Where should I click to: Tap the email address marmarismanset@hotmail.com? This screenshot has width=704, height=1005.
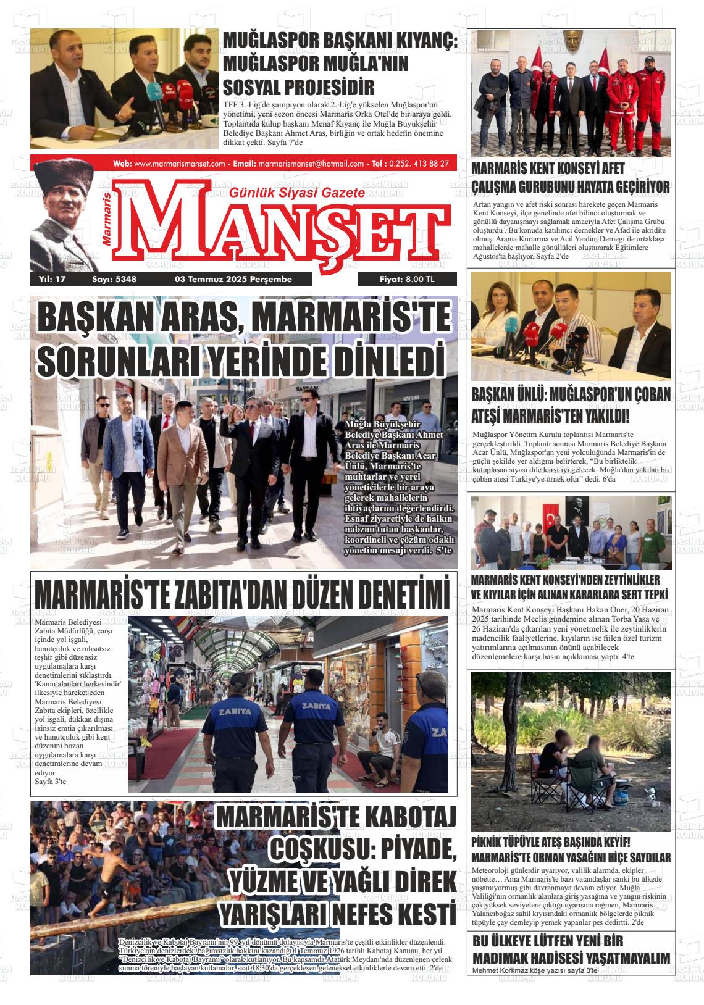click(311, 164)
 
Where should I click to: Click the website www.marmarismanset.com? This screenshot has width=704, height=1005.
click(179, 164)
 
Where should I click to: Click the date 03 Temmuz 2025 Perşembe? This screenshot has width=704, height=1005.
click(233, 279)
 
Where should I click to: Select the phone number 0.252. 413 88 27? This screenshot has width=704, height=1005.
click(419, 164)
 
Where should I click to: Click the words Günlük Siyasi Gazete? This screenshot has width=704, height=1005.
click(296, 193)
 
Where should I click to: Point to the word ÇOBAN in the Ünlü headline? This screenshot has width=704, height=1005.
click(648, 394)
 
